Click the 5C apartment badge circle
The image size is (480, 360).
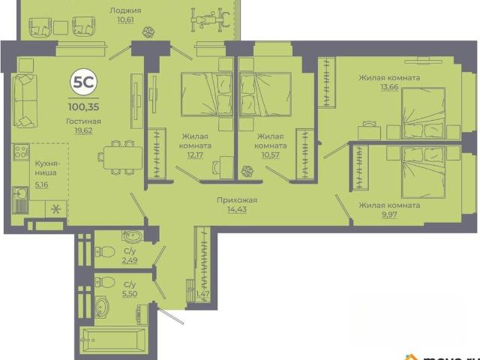click(x=84, y=82)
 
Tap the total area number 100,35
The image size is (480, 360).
click(x=84, y=107)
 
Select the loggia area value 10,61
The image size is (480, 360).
click(x=125, y=20)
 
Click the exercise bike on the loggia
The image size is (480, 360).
click(x=210, y=19)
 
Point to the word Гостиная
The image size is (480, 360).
click(x=83, y=121)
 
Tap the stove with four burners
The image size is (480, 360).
click(x=21, y=151)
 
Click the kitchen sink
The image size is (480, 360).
click(x=20, y=193)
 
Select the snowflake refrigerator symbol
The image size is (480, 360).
click(x=55, y=209)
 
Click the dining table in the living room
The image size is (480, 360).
click(x=123, y=157)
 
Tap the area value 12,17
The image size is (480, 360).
click(x=195, y=155)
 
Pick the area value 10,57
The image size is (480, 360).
click(x=270, y=155)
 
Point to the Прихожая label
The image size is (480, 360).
click(x=237, y=200)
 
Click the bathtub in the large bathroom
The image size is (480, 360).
click(x=113, y=340)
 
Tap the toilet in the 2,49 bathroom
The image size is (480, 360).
click(x=105, y=252)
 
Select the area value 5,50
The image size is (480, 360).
click(x=130, y=294)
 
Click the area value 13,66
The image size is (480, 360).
click(x=389, y=87)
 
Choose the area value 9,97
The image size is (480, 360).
click(x=389, y=214)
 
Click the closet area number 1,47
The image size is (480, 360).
click(x=202, y=294)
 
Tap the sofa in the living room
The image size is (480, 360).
click(x=25, y=100)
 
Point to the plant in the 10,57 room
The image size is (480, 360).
click(x=247, y=172)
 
